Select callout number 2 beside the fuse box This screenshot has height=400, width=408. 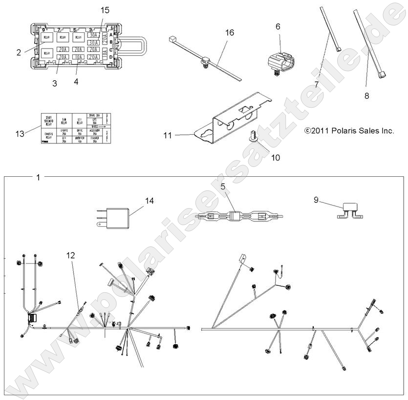point(19,52)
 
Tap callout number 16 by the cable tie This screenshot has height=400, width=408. point(230,33)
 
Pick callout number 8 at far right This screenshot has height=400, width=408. point(366,96)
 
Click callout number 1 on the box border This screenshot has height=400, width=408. point(38,177)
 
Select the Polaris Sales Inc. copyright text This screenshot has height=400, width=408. point(349,131)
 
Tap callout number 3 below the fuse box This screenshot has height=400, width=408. point(55,83)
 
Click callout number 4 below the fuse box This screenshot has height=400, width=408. point(76,81)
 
